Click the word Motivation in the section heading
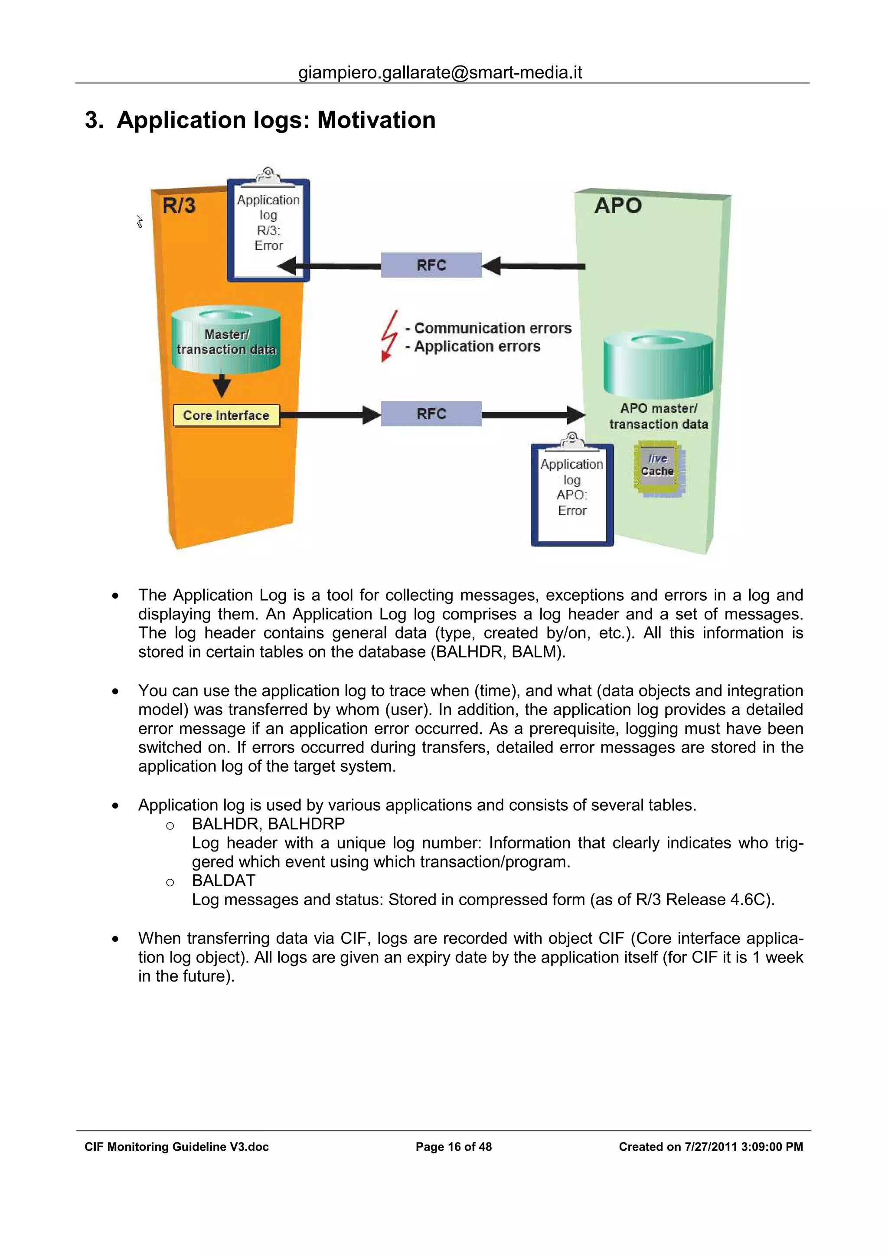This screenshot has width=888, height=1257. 376,120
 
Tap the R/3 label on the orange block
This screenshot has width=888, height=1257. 179,206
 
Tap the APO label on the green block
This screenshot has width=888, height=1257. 618,206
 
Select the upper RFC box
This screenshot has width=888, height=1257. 431,265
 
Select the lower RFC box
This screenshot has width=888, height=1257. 431,414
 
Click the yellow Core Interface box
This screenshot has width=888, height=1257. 226,416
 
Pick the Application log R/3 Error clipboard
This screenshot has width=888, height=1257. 268,230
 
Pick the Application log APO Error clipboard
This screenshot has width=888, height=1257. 572,494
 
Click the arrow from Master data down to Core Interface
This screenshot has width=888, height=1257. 222,386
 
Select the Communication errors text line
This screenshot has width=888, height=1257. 493,328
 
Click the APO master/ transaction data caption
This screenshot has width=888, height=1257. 658,416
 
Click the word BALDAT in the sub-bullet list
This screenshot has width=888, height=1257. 223,881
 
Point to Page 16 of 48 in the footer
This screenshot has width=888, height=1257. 454,1147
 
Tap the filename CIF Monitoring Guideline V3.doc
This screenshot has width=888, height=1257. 176,1147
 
